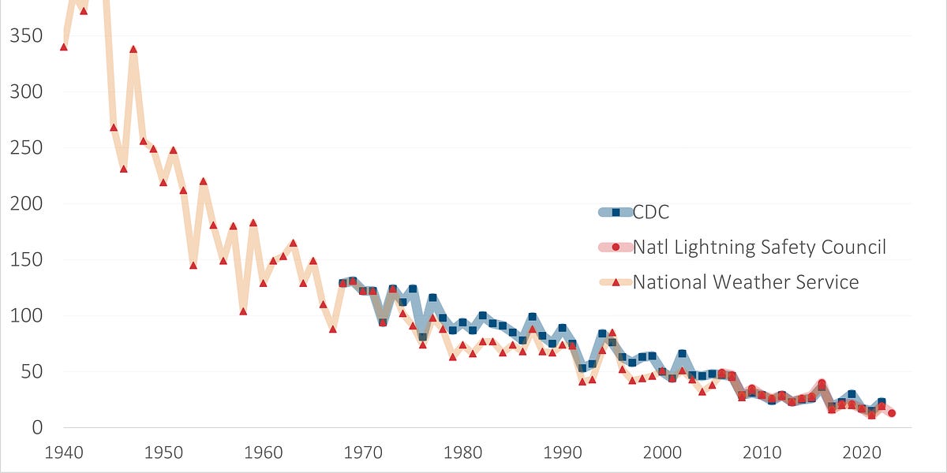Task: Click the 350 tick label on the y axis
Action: pyautogui.click(x=24, y=36)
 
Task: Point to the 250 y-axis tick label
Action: pyautogui.click(x=24, y=148)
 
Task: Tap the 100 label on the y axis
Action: pyautogui.click(x=24, y=316)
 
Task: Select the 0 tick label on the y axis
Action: pyautogui.click(x=34, y=428)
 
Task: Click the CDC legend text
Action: pyautogui.click(x=652, y=211)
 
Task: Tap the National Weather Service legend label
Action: pyautogui.click(x=746, y=281)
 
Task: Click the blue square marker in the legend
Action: pyautogui.click(x=616, y=211)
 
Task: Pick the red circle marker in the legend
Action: pyautogui.click(x=616, y=247)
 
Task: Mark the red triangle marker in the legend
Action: pyautogui.click(x=616, y=281)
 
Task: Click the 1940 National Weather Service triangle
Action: pyautogui.click(x=64, y=47)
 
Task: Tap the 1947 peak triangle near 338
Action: pyautogui.click(x=133, y=49)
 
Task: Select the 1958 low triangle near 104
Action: pyautogui.click(x=243, y=311)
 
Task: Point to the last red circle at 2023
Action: pyautogui.click(x=892, y=413)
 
